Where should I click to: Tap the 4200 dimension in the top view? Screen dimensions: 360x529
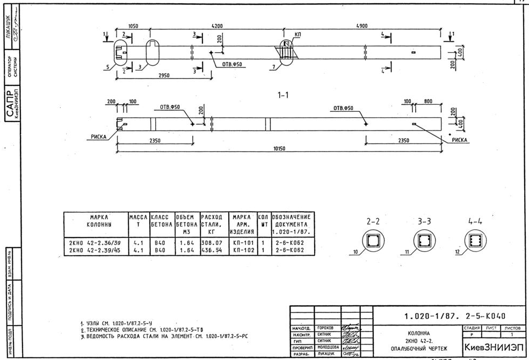tap(217, 26)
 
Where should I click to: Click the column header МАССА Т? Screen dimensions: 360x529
tap(138, 220)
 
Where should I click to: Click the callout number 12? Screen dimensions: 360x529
tap(458, 253)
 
